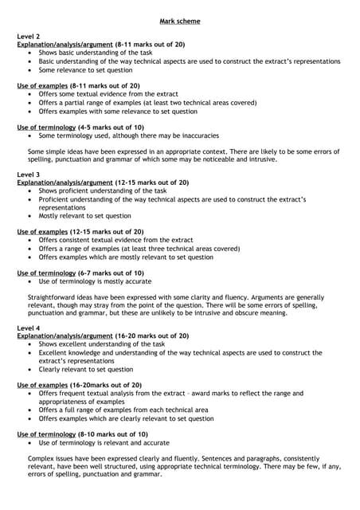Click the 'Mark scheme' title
point(179,22)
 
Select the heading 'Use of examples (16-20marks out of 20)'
point(80,385)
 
